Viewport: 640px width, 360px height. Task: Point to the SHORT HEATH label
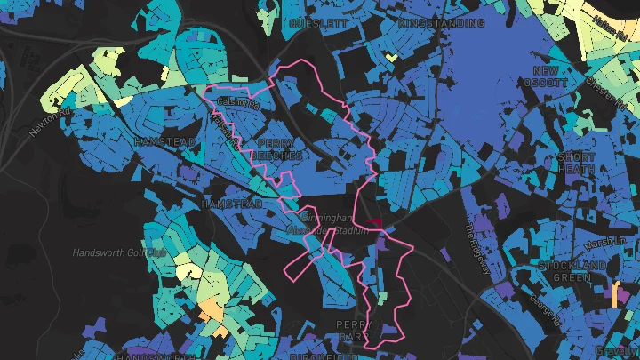(576, 164)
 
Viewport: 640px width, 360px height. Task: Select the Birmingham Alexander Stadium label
(333, 224)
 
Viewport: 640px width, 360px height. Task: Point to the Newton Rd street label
(49, 121)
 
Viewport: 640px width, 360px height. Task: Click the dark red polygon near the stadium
(373, 222)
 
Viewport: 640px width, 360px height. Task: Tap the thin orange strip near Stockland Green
(616, 294)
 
